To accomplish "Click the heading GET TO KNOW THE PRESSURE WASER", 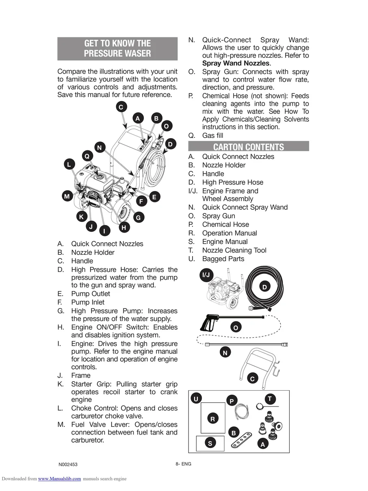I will coord(117,48).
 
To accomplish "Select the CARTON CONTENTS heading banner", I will coord(249,147).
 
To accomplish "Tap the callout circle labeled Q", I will coord(87,156).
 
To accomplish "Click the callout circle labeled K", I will coord(81,217).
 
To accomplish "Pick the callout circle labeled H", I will coord(124,228).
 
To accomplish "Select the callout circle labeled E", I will coord(154,197).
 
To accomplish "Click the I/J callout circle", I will coord(206,275).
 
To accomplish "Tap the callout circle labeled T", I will coord(270,399).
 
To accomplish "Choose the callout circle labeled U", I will coord(196,399).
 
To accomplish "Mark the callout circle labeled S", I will coord(210,443).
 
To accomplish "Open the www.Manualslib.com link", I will coord(59,479).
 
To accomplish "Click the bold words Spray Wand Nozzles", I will coord(236,63).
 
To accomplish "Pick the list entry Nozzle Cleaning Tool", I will coord(234,250).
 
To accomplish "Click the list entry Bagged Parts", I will coord(223,259).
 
